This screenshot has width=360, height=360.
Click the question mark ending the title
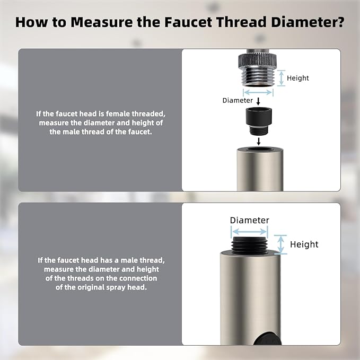pos(339,23)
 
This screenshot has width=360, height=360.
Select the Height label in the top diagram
pos(297,78)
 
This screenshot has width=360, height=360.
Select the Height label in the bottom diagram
pos(304,244)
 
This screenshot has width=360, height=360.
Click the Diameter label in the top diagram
pos(238,100)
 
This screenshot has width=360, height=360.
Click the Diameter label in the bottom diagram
pos(249,220)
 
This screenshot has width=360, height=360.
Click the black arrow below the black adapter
pos(258,142)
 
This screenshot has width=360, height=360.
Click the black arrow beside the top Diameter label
pos(258,101)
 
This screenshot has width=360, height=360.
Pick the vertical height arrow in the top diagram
pos(281,77)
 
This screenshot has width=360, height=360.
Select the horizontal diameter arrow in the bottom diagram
pos(249,232)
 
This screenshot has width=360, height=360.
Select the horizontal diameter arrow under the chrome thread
pos(258,92)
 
